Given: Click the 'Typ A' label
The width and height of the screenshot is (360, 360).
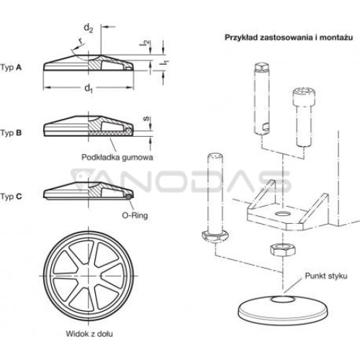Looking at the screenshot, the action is click(11, 68).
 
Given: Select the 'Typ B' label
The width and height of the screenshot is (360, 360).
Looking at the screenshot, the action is click(11, 132).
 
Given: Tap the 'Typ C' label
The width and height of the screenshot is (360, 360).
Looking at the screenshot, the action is click(11, 197).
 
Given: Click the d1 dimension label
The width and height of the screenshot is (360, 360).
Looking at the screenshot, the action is click(89, 89).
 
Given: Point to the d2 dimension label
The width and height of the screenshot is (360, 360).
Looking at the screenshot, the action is click(89, 28).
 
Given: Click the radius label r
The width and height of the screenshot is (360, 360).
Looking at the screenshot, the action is click(81, 42).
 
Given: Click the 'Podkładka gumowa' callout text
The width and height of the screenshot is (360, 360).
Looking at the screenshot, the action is click(117, 158).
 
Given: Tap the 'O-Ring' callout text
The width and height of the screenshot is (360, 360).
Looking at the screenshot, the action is click(135, 215).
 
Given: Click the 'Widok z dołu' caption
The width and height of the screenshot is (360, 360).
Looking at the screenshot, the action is click(89, 334).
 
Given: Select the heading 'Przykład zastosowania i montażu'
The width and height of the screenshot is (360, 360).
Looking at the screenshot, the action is click(289, 37).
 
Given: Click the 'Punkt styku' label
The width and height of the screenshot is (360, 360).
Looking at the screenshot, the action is click(326, 276).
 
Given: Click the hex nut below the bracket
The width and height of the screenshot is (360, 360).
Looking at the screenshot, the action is click(282, 250).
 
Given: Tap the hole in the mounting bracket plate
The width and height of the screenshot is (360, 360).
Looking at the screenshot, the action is click(283, 213).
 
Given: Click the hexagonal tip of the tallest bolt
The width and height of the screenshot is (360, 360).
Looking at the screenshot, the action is click(261, 68).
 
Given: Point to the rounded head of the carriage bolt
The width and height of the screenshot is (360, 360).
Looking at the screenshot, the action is click(214, 237).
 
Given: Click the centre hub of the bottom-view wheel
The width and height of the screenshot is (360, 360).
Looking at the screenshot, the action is click(89, 276).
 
